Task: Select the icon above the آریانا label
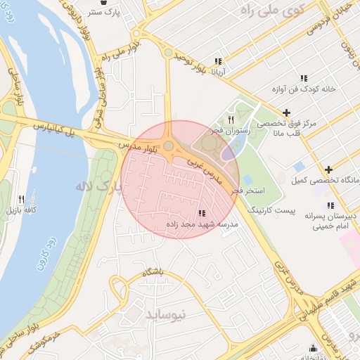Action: pos(218,61)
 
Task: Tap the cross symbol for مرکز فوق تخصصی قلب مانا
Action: pos(285,112)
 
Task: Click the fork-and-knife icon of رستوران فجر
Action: pos(231,120)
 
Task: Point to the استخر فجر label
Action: pos(250,191)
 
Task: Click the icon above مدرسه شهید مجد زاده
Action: pos(202,213)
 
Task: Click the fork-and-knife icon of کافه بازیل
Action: pos(21,199)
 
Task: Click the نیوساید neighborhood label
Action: pos(166,314)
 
